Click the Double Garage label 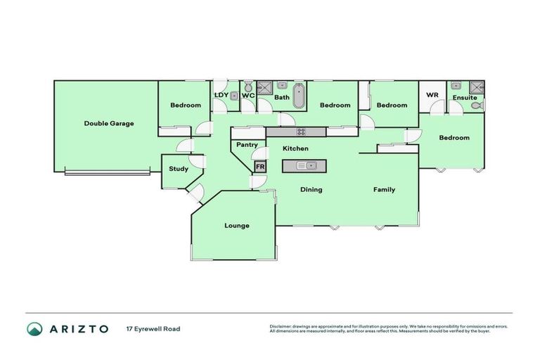(x=109, y=123)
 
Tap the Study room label (x=178, y=169)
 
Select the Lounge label (x=237, y=226)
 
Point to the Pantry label (x=247, y=145)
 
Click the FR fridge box (x=259, y=167)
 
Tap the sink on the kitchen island (x=304, y=166)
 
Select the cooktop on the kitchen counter (x=301, y=131)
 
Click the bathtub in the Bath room (x=300, y=96)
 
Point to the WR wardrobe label (x=432, y=95)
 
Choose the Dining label (x=311, y=189)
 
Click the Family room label (x=384, y=189)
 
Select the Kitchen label (x=295, y=148)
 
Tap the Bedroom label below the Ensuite (x=454, y=138)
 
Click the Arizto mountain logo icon (x=34, y=328)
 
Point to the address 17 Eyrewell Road (x=153, y=328)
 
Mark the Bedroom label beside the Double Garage (x=186, y=105)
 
